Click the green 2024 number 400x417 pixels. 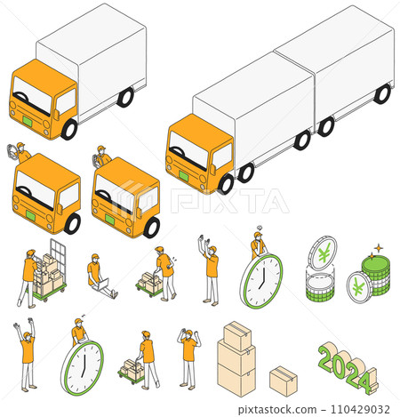pyautogui.click(x=347, y=370)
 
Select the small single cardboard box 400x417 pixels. pyautogui.click(x=283, y=379)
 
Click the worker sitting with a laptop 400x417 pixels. pyautogui.click(x=98, y=276)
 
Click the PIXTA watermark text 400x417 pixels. pyautogui.click(x=229, y=201)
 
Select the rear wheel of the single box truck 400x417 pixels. pyautogui.click(x=125, y=97)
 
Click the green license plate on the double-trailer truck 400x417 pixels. pyautogui.click(x=183, y=175)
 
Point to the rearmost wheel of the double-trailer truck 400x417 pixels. pyautogui.click(x=381, y=93)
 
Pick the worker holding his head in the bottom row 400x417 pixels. pyautogui.click(x=188, y=356)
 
